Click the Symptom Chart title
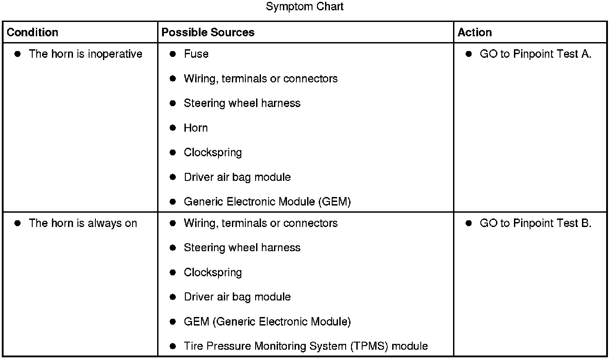[304, 7]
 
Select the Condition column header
[33, 33]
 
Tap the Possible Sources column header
[208, 33]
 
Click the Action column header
[475, 33]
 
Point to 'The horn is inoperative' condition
[86, 54]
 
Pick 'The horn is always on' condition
[83, 223]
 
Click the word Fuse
[196, 54]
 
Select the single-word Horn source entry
[196, 128]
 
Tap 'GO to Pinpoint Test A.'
[535, 54]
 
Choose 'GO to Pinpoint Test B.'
[535, 223]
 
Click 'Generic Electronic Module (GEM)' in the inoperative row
[267, 202]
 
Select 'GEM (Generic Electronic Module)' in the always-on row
[267, 322]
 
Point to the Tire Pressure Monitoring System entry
[306, 346]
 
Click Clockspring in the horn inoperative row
[213, 153]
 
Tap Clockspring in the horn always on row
[213, 273]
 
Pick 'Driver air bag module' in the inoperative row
[237, 177]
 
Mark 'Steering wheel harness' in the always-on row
[242, 248]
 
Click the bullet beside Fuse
[173, 54]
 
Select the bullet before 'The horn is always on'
[18, 223]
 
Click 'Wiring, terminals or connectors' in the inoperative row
[261, 79]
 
